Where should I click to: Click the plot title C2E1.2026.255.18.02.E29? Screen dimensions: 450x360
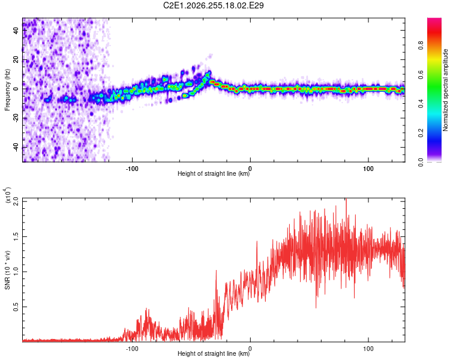tap(213, 5)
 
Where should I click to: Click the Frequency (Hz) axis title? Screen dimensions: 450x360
tap(7, 89)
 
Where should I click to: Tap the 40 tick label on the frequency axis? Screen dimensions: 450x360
tap(16, 31)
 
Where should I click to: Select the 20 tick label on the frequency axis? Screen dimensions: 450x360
tap(16, 60)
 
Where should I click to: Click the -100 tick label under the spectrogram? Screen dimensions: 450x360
tap(132, 169)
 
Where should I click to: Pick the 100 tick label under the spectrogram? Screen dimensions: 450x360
tap(368, 169)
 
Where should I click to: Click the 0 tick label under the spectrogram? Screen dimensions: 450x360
tap(250, 169)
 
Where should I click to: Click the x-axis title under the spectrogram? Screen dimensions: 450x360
tap(214, 173)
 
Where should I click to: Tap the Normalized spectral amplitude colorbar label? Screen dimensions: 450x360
tap(445, 90)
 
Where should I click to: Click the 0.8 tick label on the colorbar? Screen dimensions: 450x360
tap(421, 46)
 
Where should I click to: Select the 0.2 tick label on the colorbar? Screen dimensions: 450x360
tap(421, 133)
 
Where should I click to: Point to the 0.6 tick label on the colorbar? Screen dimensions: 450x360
tap(421, 74)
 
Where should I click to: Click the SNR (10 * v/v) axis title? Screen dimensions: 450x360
tap(7, 270)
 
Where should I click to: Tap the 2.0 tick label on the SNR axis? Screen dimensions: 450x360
tap(16, 202)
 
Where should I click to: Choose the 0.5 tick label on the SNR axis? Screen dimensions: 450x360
tap(16, 307)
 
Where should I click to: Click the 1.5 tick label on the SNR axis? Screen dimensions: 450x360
tap(16, 237)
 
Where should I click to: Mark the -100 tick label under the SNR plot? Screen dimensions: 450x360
tap(132, 349)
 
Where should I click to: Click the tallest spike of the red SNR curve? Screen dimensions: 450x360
tap(346, 199)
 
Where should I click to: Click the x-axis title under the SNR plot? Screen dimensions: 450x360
tap(214, 353)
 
